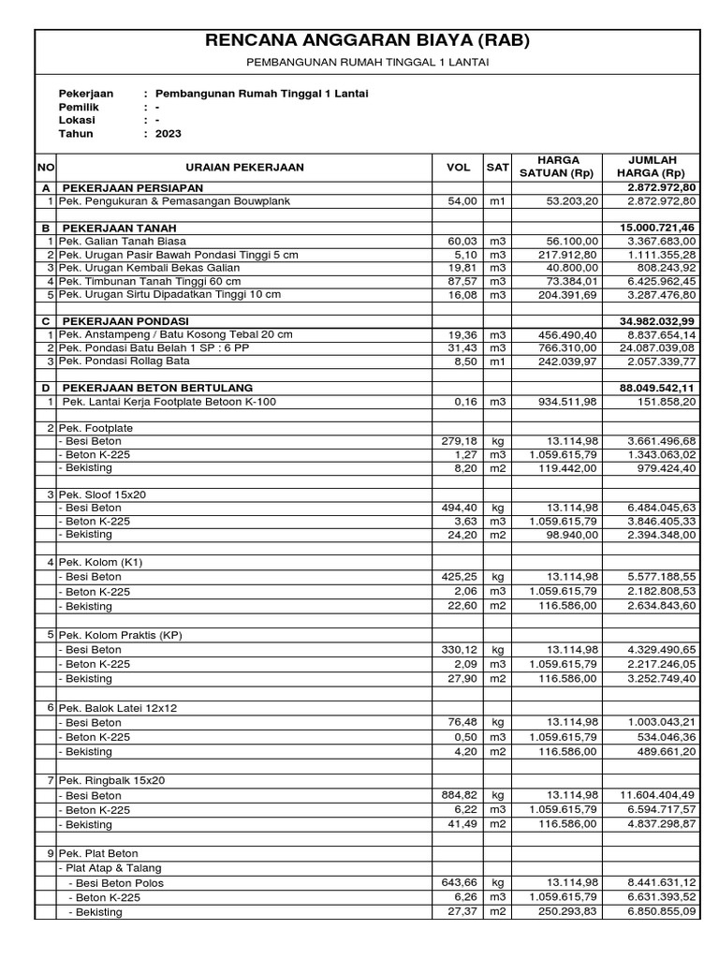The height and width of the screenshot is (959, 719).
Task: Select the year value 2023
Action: (169, 133)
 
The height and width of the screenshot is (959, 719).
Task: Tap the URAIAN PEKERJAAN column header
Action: (244, 167)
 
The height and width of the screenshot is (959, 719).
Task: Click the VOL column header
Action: (458, 167)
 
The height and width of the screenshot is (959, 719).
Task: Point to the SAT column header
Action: (497, 167)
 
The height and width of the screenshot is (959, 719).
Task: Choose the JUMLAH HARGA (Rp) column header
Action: (652, 167)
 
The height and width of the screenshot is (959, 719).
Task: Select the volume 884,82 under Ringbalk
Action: (460, 795)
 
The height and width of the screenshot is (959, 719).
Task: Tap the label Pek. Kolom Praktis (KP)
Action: (127, 635)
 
